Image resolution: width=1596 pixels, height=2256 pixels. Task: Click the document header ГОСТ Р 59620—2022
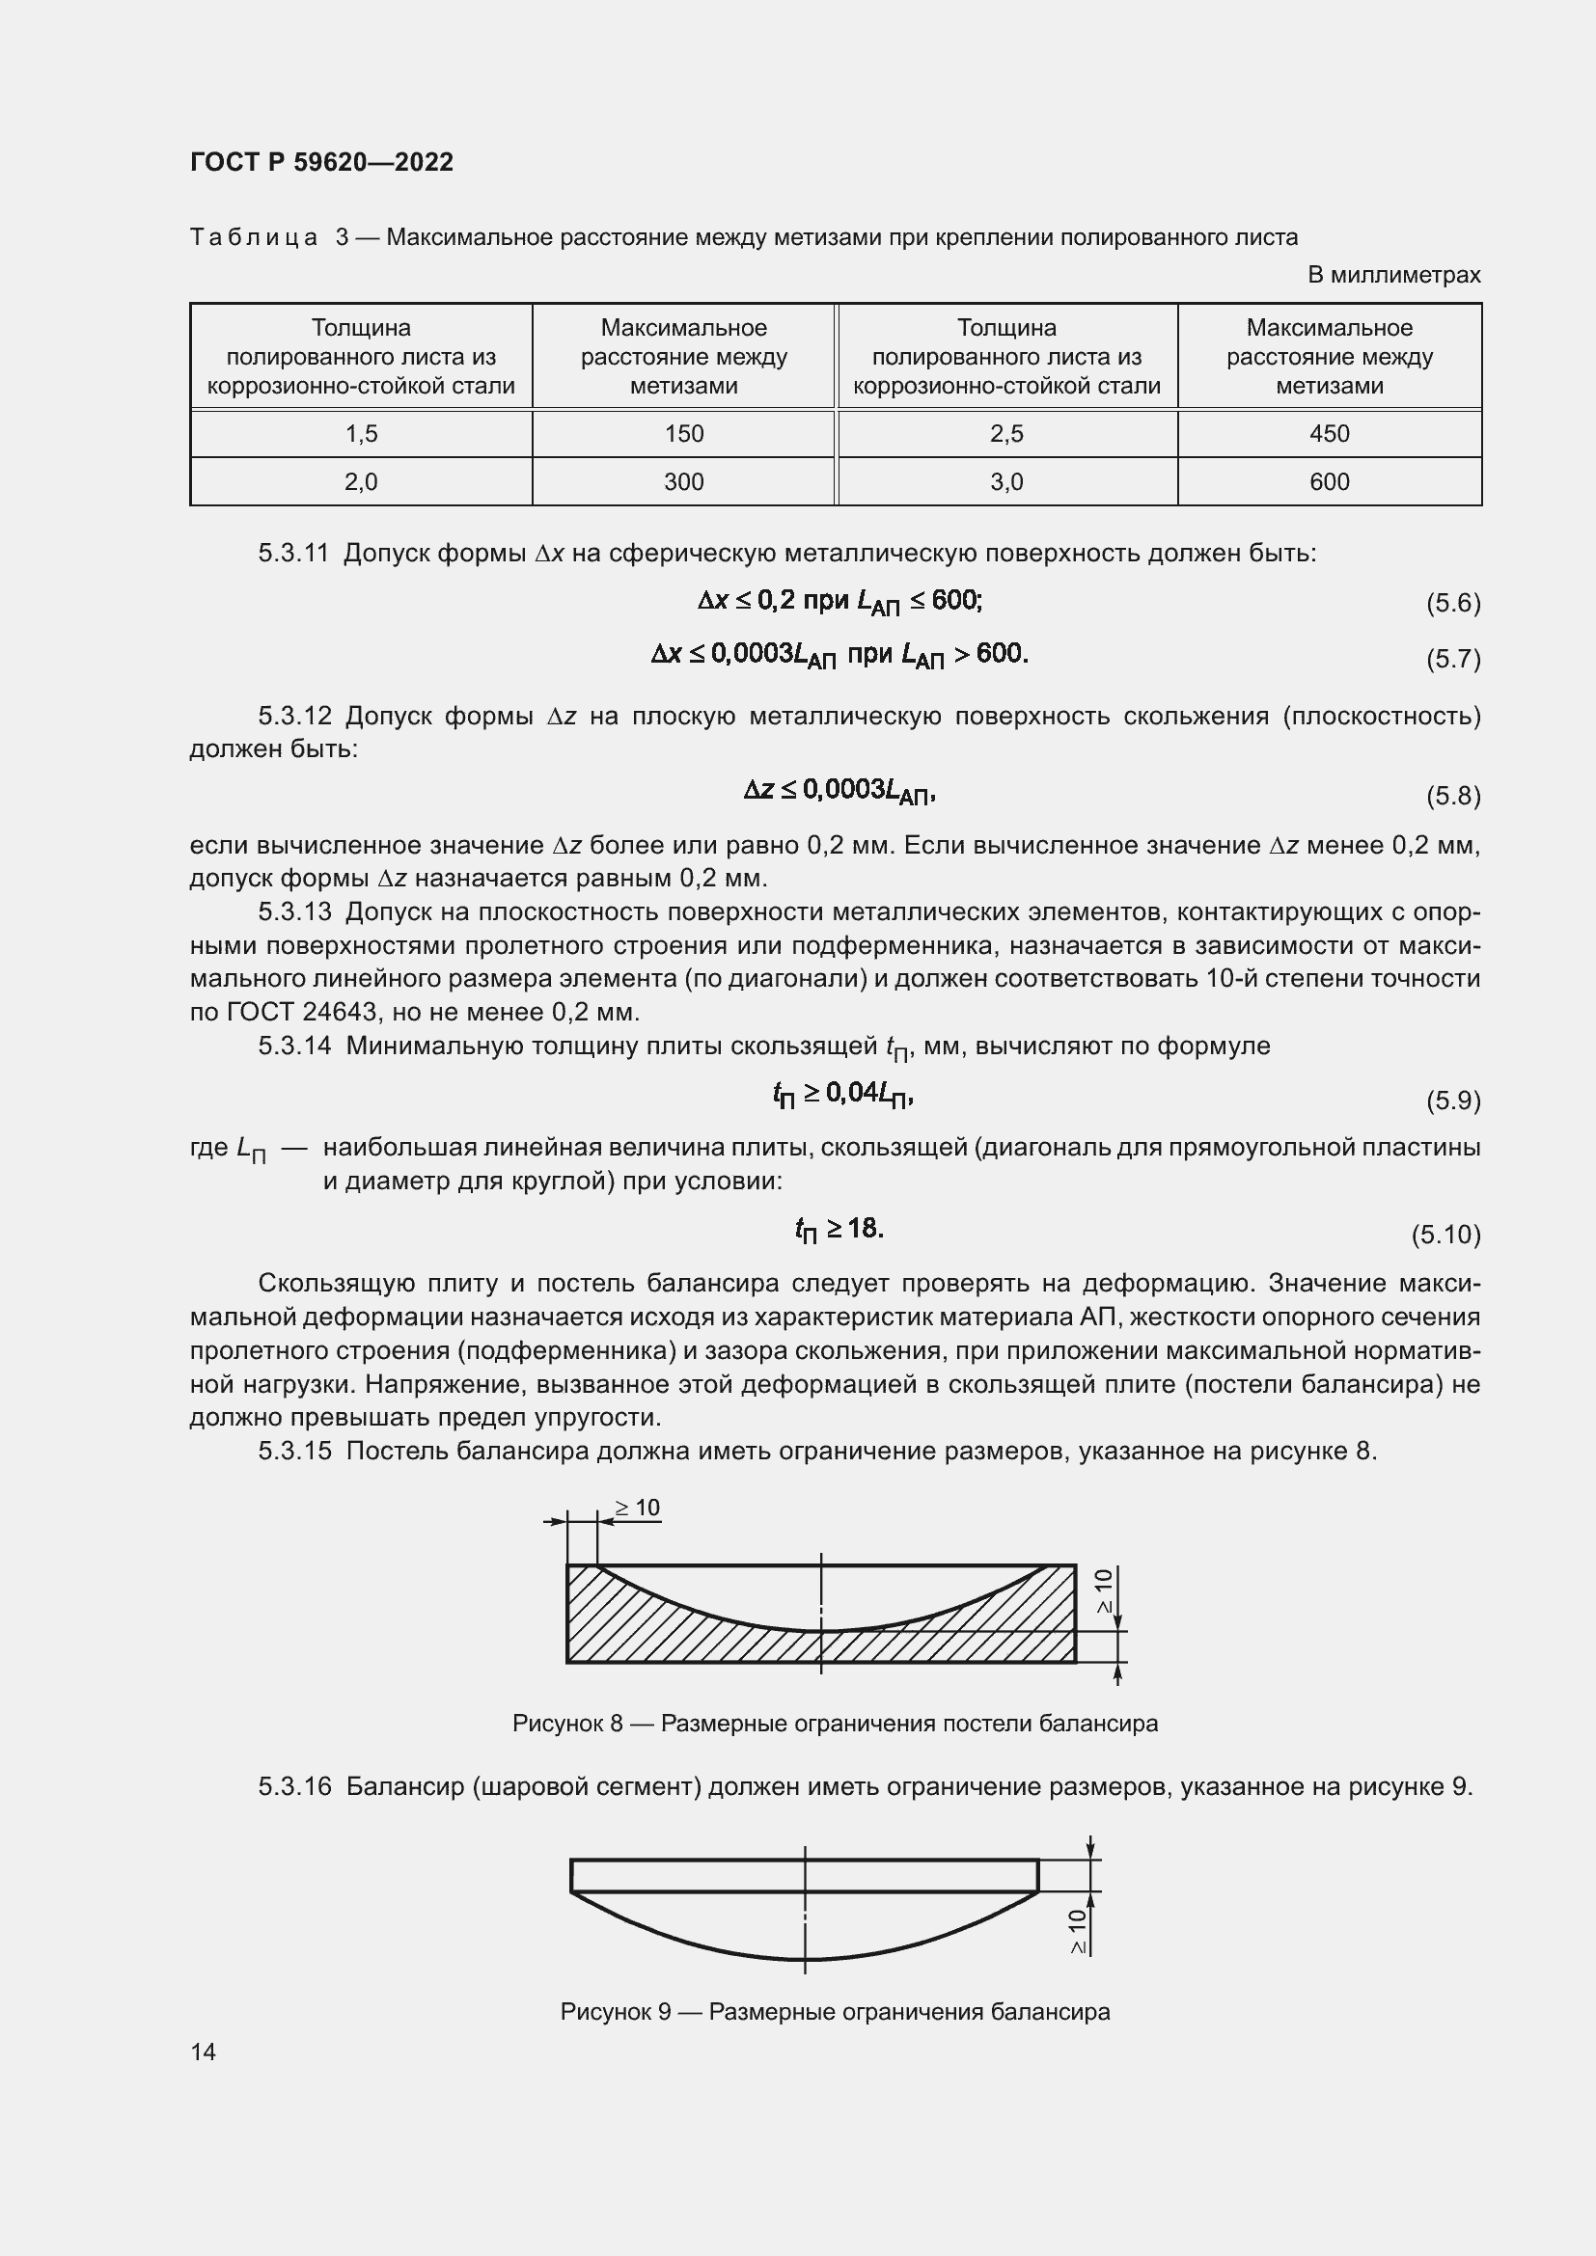321,162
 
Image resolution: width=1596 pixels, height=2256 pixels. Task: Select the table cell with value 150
683,433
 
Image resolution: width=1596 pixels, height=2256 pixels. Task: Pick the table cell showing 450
1329,433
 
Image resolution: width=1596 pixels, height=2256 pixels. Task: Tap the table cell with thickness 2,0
361,481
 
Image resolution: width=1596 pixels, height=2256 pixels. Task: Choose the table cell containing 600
1329,481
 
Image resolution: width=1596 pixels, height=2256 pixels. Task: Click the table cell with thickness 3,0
1006,481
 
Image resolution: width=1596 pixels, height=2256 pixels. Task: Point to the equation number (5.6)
1452,602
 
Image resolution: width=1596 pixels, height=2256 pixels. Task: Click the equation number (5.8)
1452,795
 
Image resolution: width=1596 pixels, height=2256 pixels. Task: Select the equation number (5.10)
1445,1235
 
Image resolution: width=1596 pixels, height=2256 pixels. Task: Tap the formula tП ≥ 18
839,1229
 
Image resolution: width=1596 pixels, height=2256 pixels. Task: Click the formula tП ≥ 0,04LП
843,1094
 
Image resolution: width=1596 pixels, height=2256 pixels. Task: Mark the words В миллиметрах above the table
1392,275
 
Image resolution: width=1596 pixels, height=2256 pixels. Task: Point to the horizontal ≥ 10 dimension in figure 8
637,1509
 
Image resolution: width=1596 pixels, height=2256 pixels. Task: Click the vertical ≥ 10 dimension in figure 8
1104,1590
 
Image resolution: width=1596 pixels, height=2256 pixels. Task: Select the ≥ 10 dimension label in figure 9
1078,1931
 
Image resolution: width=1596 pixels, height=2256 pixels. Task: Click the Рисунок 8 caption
835,1724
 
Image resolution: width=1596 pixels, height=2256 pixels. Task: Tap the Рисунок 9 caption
835,2011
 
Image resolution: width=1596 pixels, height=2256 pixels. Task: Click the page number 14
204,2052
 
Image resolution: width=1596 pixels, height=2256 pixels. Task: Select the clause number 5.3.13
295,911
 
